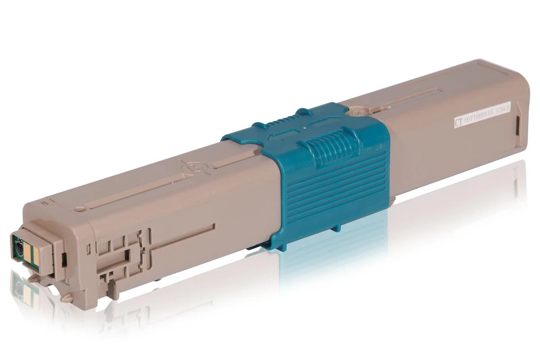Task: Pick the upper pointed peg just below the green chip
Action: tap(33, 278)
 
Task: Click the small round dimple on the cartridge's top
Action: tap(79, 208)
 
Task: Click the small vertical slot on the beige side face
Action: tap(89, 247)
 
